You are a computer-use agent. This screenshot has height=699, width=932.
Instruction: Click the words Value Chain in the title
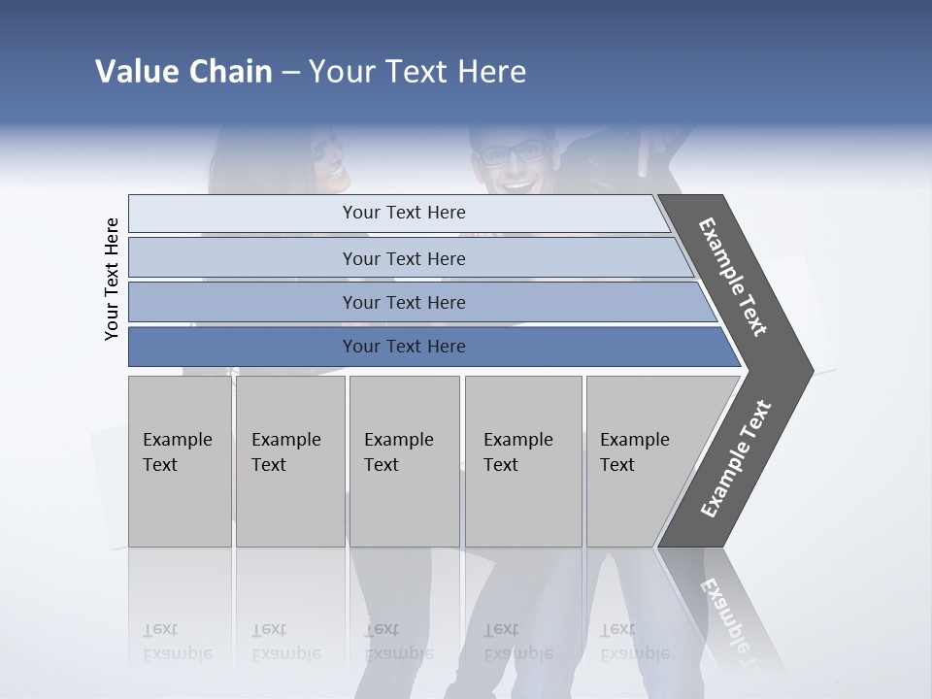pyautogui.click(x=183, y=72)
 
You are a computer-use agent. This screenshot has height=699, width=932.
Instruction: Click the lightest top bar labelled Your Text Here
pyautogui.click(x=404, y=213)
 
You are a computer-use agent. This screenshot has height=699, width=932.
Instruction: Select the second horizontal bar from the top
pyautogui.click(x=404, y=258)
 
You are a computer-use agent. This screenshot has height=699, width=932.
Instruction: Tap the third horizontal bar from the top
pyautogui.click(x=404, y=302)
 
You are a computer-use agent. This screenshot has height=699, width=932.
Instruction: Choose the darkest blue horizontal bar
pyautogui.click(x=404, y=347)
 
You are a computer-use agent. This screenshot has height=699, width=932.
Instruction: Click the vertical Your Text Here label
pyautogui.click(x=112, y=280)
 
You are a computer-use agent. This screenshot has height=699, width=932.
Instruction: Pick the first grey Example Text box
pyautogui.click(x=180, y=460)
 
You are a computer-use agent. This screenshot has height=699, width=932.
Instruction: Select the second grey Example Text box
pyautogui.click(x=289, y=460)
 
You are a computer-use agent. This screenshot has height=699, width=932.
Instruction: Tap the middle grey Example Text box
pyautogui.click(x=404, y=460)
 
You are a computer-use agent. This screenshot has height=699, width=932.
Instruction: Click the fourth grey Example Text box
pyautogui.click(x=522, y=460)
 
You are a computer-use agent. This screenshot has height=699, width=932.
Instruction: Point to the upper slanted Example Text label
pyautogui.click(x=733, y=277)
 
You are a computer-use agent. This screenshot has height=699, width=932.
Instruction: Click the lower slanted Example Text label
pyautogui.click(x=736, y=459)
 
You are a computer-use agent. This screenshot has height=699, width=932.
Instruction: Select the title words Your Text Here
pyautogui.click(x=417, y=72)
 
